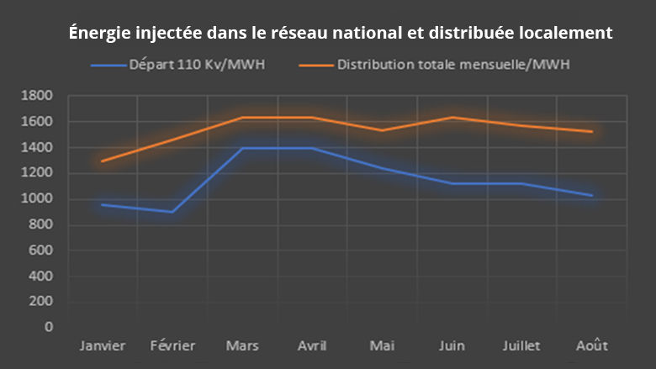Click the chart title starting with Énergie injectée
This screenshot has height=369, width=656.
point(341,34)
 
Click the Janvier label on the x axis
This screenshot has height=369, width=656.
point(103,346)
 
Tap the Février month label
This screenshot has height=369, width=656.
point(172,346)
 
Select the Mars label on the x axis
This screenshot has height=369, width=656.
point(243,346)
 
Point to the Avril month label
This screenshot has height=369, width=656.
point(313,346)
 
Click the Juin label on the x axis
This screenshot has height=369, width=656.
point(452,346)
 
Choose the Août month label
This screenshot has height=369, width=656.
point(593,346)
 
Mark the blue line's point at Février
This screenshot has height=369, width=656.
point(172,212)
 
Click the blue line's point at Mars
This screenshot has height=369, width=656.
point(243,148)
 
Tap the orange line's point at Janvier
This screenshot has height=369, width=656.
point(103,161)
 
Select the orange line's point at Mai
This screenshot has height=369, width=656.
point(383,130)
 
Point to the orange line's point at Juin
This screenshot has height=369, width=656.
point(452,118)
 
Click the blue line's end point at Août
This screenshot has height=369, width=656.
point(593,196)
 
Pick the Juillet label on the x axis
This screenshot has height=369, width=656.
point(522,346)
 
